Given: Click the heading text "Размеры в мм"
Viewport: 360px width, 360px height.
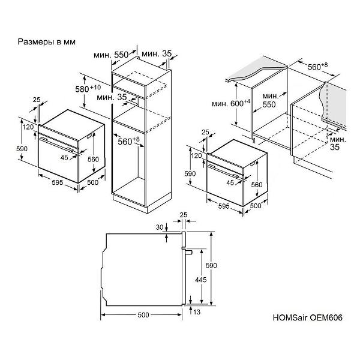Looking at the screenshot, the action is (x=47, y=42).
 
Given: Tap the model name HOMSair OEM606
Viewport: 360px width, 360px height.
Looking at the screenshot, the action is (x=307, y=317).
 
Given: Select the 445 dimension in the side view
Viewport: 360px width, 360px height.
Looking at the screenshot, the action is (x=200, y=280).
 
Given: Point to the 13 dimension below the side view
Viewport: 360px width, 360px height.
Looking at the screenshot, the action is (x=197, y=312).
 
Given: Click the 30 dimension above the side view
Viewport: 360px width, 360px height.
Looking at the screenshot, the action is (x=160, y=227).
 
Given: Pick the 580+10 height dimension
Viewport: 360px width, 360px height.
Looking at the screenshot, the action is (x=88, y=88).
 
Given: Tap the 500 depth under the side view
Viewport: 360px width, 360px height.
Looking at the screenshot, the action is (x=143, y=315).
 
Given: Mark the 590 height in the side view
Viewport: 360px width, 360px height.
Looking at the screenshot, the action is (x=211, y=265).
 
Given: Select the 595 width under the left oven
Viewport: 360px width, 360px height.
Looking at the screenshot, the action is (x=57, y=182).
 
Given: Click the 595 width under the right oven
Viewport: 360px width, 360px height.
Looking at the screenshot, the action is (x=224, y=206).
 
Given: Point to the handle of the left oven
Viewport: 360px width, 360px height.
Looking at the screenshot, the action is (x=56, y=145).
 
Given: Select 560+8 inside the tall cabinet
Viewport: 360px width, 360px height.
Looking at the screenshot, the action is (x=128, y=141).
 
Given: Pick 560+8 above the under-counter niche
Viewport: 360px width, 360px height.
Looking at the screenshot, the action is (x=318, y=67).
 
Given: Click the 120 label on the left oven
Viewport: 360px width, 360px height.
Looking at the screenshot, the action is (x=28, y=127).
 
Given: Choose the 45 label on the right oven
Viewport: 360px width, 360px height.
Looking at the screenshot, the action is (x=230, y=183).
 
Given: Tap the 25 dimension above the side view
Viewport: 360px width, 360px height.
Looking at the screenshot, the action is (x=184, y=215).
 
